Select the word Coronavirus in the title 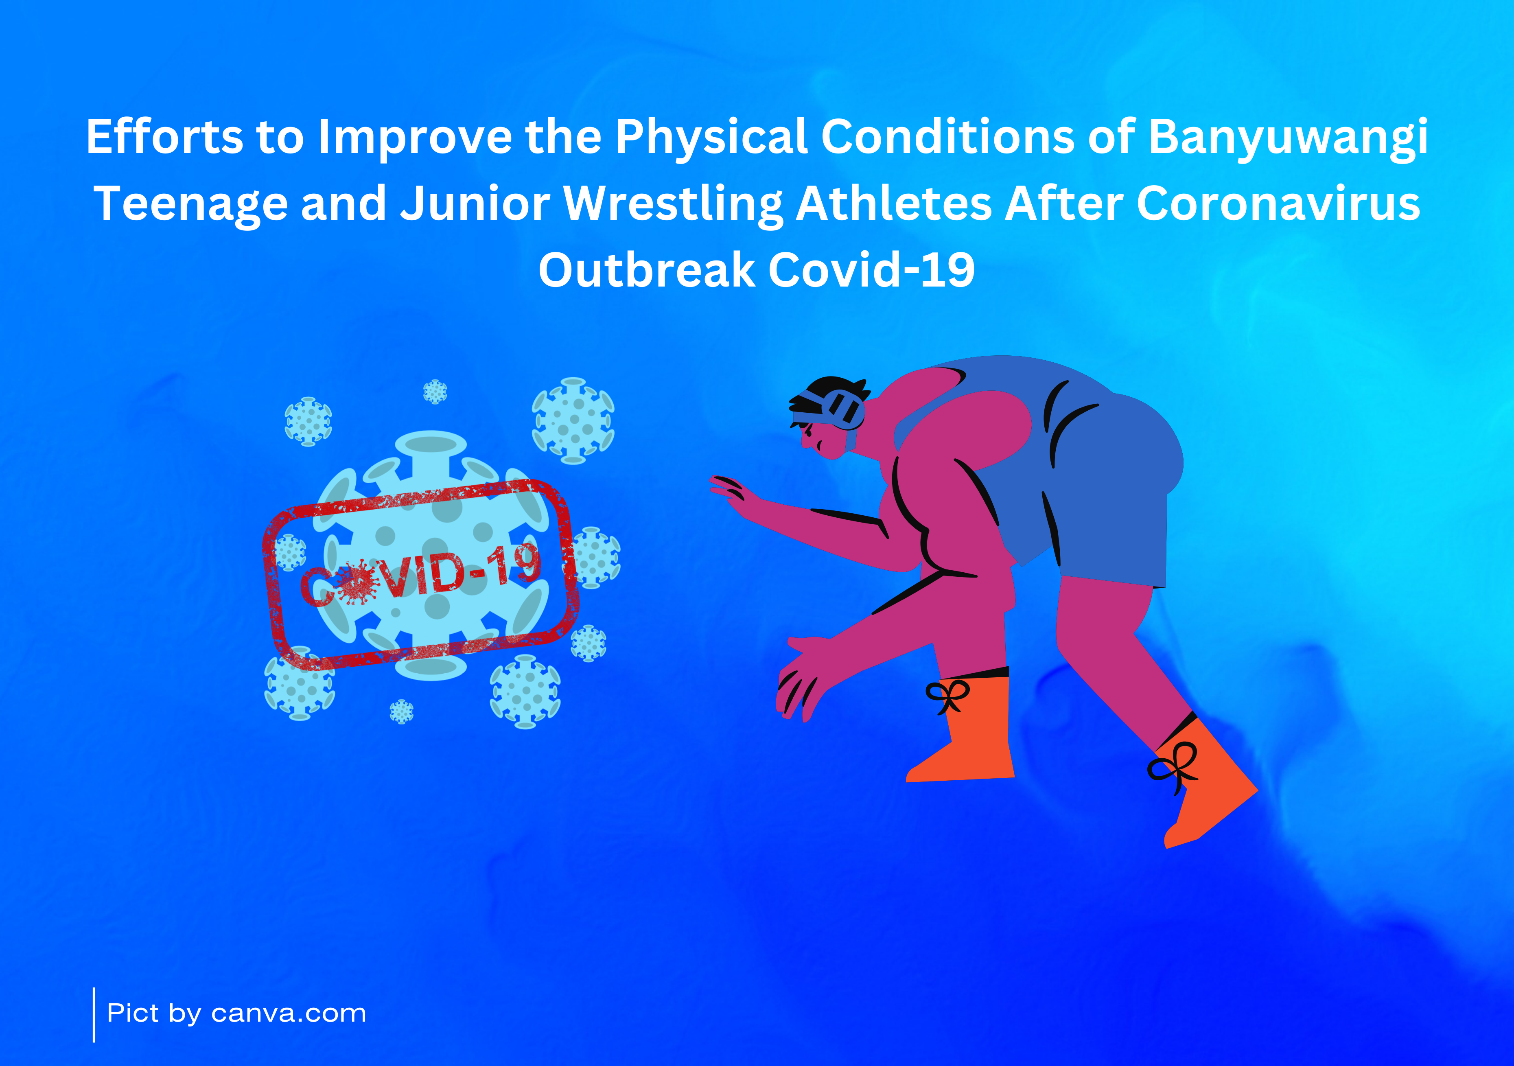tap(1278, 203)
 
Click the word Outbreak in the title tap(647, 270)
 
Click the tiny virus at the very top tap(435, 392)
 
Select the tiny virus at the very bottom tap(402, 712)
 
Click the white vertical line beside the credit tap(94, 1015)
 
